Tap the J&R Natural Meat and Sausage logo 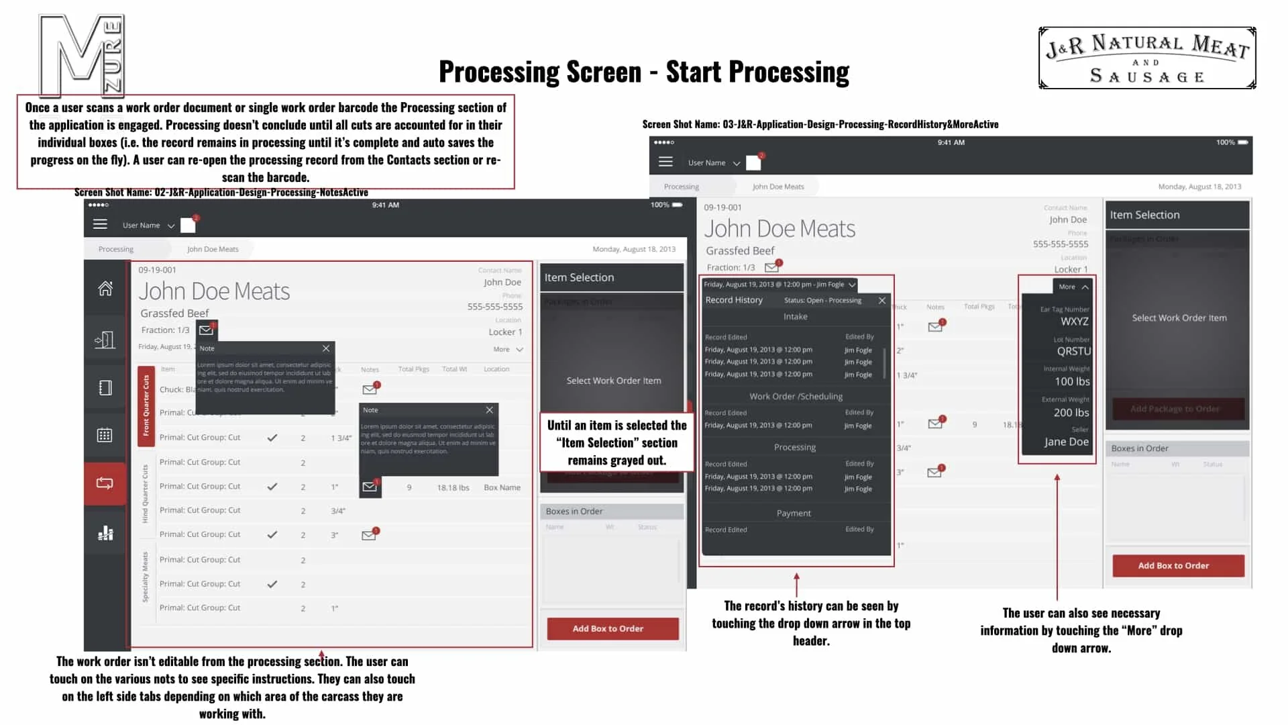[1147, 58]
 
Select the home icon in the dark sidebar [105, 289]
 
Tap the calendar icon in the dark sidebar [105, 435]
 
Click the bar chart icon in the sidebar [105, 534]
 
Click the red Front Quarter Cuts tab [146, 405]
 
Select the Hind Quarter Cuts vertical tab [145, 493]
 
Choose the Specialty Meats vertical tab [145, 577]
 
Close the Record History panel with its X [882, 301]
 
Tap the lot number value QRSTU [1073, 351]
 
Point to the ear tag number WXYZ [1074, 322]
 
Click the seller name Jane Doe [1066, 442]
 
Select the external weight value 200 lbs [1071, 413]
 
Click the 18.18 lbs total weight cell [453, 488]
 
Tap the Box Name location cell [502, 488]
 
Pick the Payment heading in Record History [794, 514]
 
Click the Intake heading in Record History [796, 317]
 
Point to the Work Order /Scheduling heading [796, 397]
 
